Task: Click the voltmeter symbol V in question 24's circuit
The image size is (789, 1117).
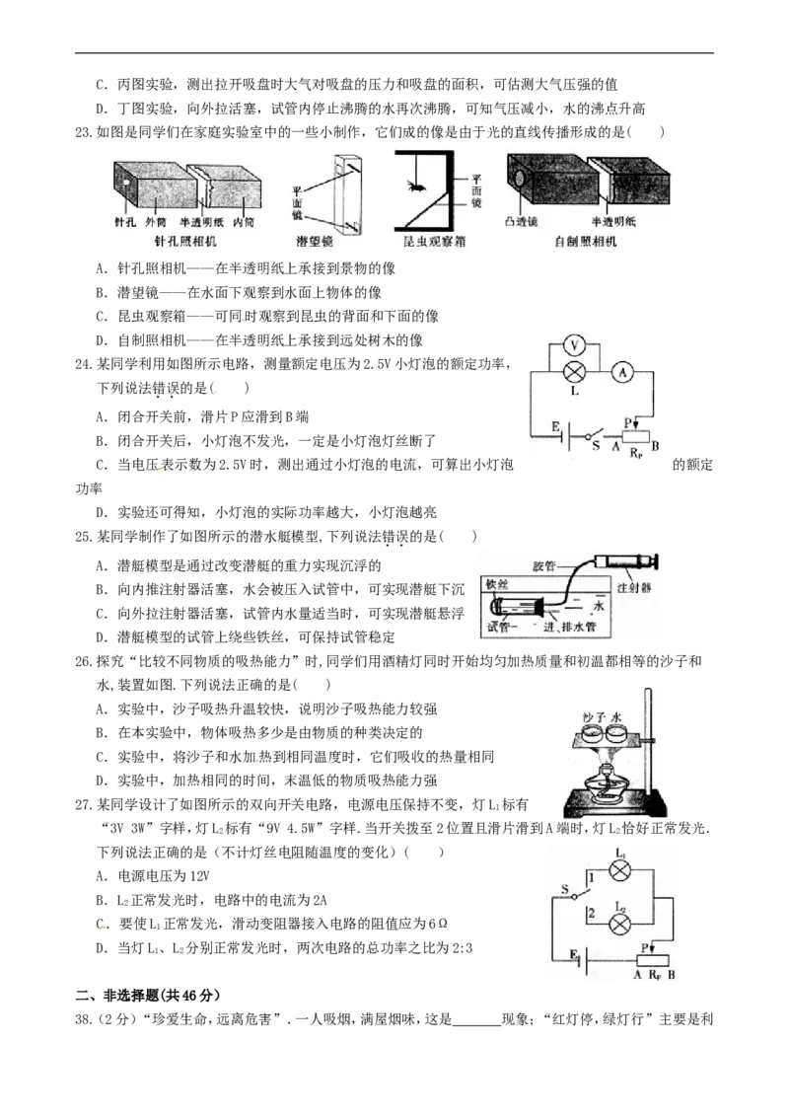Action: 574,347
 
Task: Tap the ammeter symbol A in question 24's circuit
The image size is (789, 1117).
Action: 622,371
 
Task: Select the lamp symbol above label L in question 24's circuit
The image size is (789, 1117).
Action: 574,371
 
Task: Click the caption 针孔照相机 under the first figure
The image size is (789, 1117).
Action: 185,242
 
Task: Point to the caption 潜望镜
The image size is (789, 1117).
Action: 314,242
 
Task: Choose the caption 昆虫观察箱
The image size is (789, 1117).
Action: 434,242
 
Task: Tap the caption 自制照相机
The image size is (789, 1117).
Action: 586,242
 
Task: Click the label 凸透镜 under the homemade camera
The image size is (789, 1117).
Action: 522,222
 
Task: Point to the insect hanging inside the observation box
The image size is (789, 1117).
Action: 413,186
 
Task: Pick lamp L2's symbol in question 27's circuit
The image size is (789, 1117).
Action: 620,925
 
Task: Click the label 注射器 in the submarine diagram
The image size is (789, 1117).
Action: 634,588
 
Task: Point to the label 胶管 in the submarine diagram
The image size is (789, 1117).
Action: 543,565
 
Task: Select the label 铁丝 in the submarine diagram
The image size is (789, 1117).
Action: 497,584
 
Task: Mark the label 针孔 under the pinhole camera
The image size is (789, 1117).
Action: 125,222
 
